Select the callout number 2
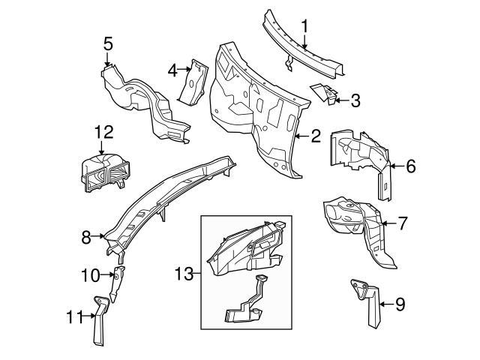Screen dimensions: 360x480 [316, 136]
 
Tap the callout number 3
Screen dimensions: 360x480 [355, 98]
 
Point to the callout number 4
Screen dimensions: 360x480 [172, 70]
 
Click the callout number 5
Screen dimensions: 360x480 [109, 43]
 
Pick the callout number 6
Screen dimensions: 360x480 [409, 166]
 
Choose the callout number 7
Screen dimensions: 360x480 [402, 223]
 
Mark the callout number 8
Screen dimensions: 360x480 [86, 237]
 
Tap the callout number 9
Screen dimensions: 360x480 [399, 304]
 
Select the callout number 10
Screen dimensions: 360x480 [89, 275]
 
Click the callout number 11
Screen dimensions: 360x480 [70, 317]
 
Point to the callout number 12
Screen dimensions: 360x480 [103, 133]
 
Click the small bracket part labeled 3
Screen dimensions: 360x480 [325, 92]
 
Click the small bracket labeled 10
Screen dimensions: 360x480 [116, 280]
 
